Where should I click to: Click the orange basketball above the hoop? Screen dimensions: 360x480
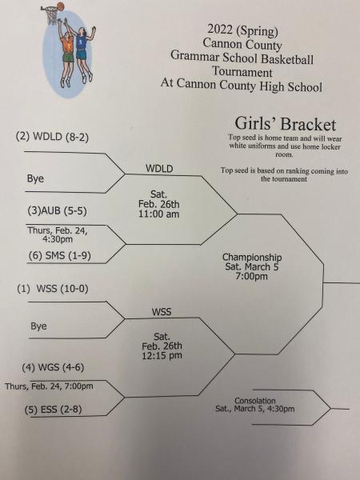[x=61, y=6]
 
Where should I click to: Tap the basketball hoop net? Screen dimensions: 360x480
[x=52, y=16]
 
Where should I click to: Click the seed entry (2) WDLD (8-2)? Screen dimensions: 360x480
[x=52, y=137]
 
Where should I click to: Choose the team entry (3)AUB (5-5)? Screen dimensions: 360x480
[x=58, y=211]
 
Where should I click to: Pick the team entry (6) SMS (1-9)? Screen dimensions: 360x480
[x=60, y=256]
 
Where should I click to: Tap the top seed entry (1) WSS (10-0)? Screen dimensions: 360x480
[x=53, y=289]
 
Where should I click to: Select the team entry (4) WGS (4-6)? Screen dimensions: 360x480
[x=53, y=367]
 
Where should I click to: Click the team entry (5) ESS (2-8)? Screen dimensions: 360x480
[x=54, y=410]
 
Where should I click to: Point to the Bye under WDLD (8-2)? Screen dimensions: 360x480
[x=35, y=178]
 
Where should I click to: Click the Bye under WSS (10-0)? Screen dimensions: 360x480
[x=38, y=326]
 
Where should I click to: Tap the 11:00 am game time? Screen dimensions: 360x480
[x=158, y=214]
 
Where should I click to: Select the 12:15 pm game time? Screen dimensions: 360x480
[x=162, y=355]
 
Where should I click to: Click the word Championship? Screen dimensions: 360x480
[x=252, y=258]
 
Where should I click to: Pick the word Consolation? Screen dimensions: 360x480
[x=255, y=401]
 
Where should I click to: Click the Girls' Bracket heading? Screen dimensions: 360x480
[x=286, y=124]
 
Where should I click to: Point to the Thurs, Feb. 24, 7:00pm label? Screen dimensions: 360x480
[x=49, y=386]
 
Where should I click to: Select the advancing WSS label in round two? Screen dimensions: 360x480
[x=162, y=312]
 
